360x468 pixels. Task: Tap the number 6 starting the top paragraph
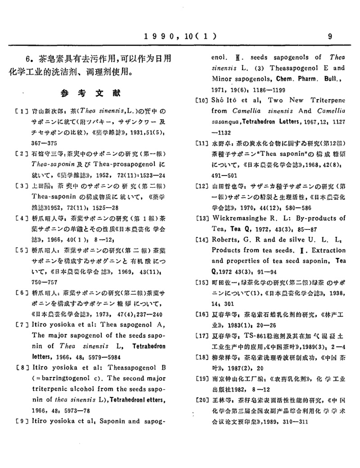28,58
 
